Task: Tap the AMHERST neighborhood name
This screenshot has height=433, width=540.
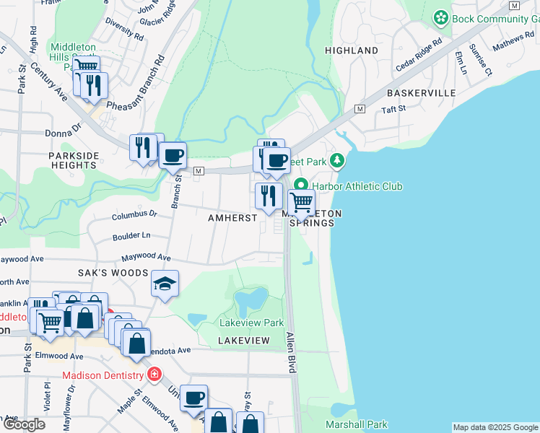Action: (x=232, y=218)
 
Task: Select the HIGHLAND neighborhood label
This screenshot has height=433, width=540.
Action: (x=352, y=51)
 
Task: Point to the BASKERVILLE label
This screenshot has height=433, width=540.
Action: (x=421, y=93)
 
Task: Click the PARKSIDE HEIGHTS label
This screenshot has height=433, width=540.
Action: (x=73, y=160)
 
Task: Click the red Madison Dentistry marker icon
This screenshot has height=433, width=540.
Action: (x=153, y=374)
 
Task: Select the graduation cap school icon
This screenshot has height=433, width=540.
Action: (x=165, y=284)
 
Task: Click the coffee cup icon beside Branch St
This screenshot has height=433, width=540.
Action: (x=173, y=155)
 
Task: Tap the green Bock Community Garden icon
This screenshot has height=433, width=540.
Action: (x=440, y=17)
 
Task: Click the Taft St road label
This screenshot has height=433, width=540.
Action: (x=394, y=109)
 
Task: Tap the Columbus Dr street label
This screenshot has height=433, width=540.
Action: (x=134, y=214)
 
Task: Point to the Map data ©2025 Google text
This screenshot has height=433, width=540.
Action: (x=495, y=427)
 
